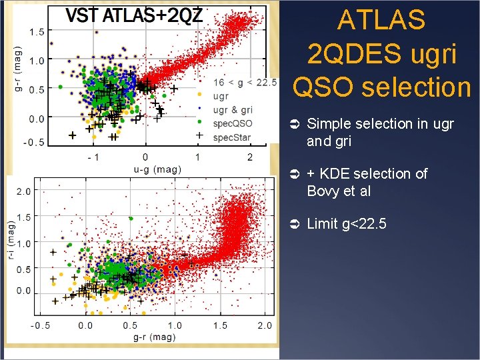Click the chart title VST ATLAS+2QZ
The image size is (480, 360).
(134, 15)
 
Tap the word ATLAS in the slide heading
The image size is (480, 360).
(381, 21)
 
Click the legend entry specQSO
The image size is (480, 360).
(232, 123)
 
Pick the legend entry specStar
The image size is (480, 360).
(232, 137)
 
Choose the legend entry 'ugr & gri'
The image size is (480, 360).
(233, 110)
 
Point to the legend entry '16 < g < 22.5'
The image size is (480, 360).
(244, 83)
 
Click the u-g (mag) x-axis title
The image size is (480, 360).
(157, 169)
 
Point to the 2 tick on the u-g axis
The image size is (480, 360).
(250, 157)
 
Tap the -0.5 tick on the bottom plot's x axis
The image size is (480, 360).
(41, 325)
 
